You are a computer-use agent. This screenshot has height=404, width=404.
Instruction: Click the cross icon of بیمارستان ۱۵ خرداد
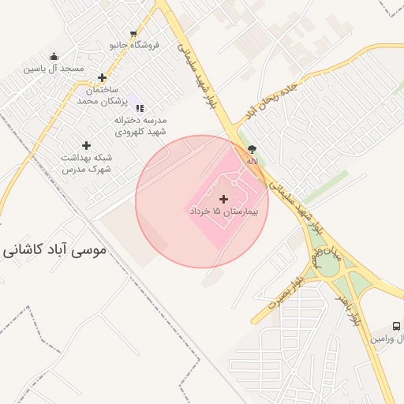click(224, 199)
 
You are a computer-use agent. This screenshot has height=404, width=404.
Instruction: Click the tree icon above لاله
click(252, 148)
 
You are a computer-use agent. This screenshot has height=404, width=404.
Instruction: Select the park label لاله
click(252, 160)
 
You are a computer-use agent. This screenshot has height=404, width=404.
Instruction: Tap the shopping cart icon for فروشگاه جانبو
click(133, 34)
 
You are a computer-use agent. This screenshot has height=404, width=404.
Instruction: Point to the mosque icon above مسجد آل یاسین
click(54, 57)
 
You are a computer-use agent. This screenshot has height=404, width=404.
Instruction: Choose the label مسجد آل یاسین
click(54, 69)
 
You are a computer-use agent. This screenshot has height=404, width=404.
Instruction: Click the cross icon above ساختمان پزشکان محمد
click(102, 77)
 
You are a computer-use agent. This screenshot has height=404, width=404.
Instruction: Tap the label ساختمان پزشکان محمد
click(102, 95)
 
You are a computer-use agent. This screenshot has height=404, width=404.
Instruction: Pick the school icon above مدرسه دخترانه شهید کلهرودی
click(140, 108)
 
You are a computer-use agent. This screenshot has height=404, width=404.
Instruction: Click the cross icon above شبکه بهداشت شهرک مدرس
click(86, 145)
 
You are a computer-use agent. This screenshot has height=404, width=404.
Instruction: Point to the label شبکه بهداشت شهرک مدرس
click(86, 163)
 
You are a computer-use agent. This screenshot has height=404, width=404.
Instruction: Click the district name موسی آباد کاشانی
click(54, 251)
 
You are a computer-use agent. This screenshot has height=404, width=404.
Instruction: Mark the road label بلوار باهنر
click(348, 309)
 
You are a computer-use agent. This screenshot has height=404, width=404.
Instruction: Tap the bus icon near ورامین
click(396, 326)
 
